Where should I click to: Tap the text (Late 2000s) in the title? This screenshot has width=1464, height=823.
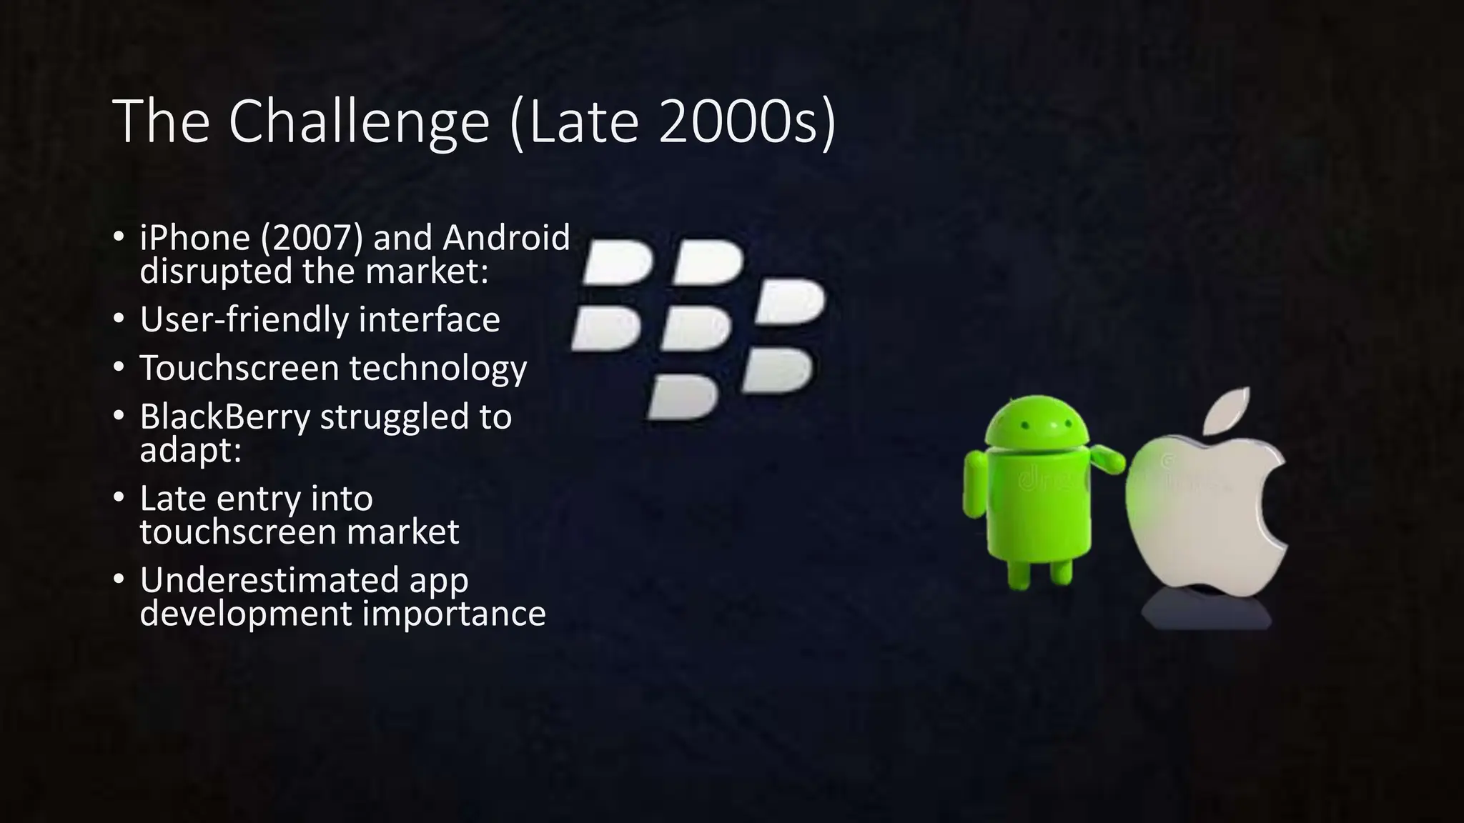coord(673,121)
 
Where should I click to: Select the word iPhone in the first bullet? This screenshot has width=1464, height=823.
coord(194,238)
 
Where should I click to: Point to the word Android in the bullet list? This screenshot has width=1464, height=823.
coord(506,238)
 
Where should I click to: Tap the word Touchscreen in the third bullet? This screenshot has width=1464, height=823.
coord(239,368)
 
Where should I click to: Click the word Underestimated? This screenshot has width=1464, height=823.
coord(269,579)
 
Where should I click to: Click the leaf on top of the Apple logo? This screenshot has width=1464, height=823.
coord(1227,410)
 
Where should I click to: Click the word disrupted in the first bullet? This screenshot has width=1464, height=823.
coord(214,271)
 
